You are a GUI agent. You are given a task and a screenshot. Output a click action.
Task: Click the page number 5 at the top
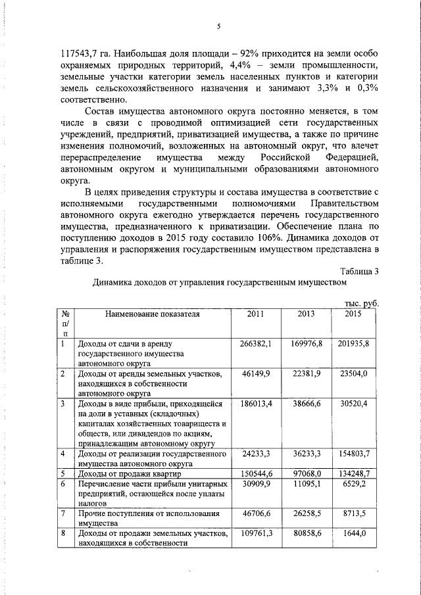coord(218,26)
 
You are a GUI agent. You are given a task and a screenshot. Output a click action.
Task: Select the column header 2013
coord(306,314)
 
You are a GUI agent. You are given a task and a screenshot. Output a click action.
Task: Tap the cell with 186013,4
coord(257,402)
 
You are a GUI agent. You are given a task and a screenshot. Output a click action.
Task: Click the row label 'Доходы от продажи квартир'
coord(129,473)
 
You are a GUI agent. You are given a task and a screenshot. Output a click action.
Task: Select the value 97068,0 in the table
coord(307,473)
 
